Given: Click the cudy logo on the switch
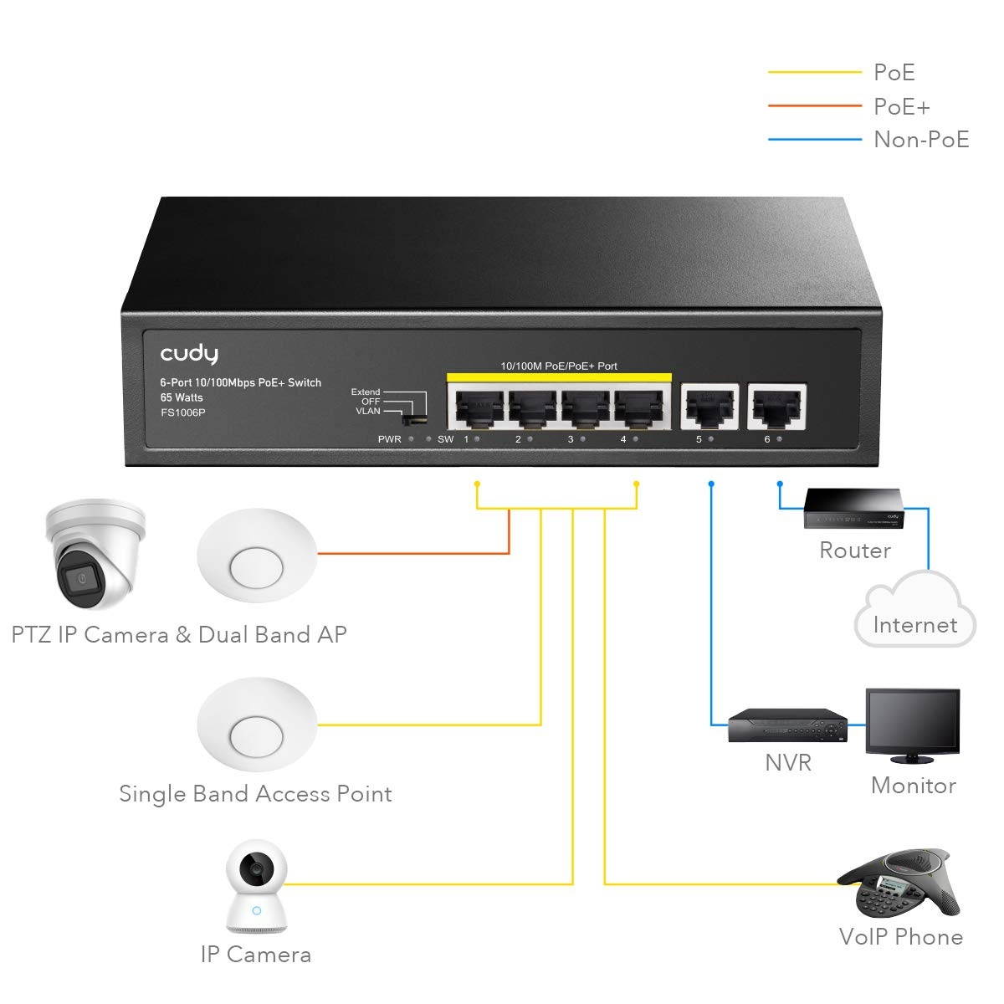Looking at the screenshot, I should pos(189,353).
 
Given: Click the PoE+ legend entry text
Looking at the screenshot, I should pos(901,106).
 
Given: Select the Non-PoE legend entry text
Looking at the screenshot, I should pos(920,139).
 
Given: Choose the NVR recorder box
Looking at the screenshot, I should pos(785,725).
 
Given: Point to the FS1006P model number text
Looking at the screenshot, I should pos(182,412).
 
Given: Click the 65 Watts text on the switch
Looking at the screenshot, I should pos(182,397).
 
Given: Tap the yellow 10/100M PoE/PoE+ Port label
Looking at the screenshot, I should pos(558,366).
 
